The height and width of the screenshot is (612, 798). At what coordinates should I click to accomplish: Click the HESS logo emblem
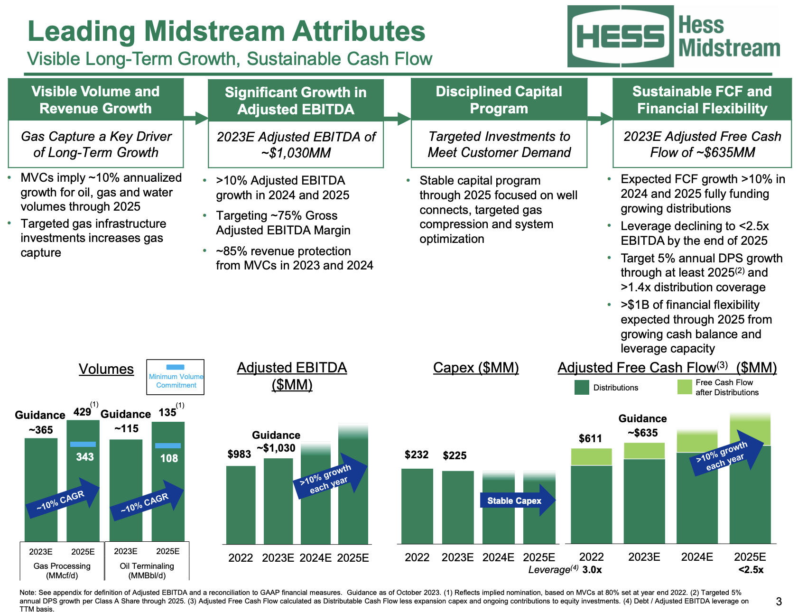[x=621, y=37]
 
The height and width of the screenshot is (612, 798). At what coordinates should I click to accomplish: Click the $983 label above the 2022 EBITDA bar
[x=239, y=454]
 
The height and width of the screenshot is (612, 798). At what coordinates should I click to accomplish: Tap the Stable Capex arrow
[x=517, y=501]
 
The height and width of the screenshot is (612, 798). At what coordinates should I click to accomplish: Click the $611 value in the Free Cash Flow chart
[x=590, y=439]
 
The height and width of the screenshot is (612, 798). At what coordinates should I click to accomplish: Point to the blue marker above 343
[x=83, y=445]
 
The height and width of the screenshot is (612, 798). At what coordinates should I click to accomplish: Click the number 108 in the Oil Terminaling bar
[x=169, y=458]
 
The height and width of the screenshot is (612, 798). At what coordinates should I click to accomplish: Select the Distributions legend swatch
[x=582, y=388]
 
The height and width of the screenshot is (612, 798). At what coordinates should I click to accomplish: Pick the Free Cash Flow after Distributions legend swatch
[x=685, y=387]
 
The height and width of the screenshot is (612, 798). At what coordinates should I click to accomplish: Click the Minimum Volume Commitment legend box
[x=176, y=377]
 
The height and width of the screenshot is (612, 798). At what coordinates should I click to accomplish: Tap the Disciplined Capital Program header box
[x=499, y=100]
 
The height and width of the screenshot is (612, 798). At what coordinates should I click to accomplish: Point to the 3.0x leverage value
[x=592, y=570]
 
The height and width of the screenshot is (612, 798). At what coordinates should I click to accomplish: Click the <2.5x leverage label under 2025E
[x=751, y=570]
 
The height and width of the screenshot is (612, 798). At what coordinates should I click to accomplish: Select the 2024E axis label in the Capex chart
[x=498, y=557]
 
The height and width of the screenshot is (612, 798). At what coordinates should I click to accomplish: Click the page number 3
[x=779, y=602]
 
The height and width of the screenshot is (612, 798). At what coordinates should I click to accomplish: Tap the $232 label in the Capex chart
[x=416, y=455]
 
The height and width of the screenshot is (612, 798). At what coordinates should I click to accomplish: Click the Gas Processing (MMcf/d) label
[x=62, y=571]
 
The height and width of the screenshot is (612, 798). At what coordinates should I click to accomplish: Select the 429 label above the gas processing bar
[x=82, y=412]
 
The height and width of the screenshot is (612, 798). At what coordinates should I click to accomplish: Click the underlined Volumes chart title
[x=106, y=369]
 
